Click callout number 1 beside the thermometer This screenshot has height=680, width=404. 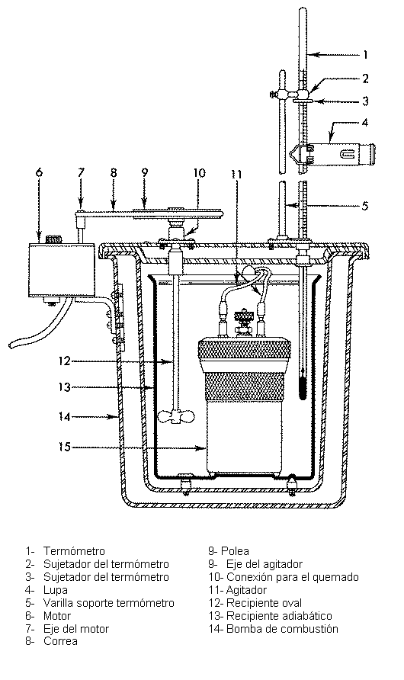(365, 55)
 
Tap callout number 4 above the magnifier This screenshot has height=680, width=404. (365, 123)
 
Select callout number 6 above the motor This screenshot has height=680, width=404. (40, 172)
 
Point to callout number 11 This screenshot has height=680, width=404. (236, 175)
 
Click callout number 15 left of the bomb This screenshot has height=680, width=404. (65, 446)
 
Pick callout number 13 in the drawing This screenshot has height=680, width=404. (65, 387)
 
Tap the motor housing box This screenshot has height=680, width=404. (61, 270)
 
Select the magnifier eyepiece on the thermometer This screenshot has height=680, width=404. (332, 152)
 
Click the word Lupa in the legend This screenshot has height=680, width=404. (56, 590)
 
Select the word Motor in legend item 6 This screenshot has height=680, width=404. (56, 616)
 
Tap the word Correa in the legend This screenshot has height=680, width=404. (60, 641)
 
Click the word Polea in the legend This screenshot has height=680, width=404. (235, 551)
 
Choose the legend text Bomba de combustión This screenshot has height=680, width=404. (282, 629)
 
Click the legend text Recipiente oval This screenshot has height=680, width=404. (264, 603)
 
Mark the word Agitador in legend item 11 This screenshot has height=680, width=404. (247, 590)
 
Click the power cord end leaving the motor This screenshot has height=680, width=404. (12, 345)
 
